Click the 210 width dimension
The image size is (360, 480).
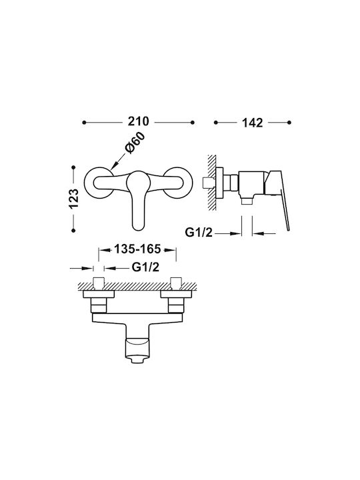139,121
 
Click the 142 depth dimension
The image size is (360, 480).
253,123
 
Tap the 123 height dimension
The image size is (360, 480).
74,199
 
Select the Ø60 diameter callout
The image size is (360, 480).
135,143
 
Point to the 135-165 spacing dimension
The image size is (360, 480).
137,249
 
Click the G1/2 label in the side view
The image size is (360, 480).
199,233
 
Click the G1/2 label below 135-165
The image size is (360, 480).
145,267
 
